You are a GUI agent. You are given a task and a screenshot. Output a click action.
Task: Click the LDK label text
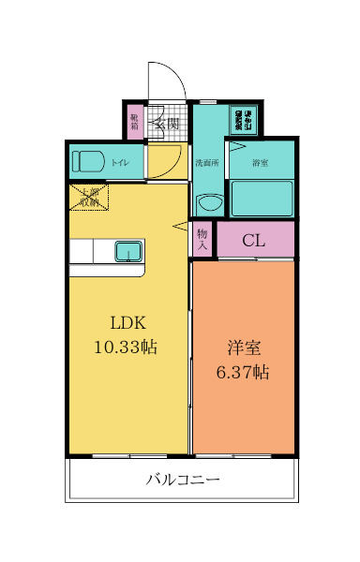tap(127, 323)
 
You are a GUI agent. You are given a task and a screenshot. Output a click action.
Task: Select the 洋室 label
tap(243, 348)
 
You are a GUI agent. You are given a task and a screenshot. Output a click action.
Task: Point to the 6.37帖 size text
tap(243, 372)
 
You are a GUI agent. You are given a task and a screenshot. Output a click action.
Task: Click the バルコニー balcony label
tap(183, 480)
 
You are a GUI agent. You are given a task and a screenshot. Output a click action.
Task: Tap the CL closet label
tap(254, 240)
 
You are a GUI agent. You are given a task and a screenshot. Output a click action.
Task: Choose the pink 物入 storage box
tap(202, 238)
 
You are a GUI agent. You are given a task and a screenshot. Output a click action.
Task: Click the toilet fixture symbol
tap(89, 161)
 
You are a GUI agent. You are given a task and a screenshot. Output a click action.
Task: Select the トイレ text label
tap(121, 163)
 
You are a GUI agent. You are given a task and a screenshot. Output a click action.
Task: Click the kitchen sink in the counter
tap(127, 251)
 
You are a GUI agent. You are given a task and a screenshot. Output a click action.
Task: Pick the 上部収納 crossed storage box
tap(89, 197)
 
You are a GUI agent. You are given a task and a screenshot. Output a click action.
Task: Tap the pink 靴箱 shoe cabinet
tap(135, 122)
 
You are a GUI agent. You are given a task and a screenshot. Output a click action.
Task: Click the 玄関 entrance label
tap(168, 122)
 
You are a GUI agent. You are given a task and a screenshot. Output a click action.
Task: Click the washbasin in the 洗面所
tap(208, 201)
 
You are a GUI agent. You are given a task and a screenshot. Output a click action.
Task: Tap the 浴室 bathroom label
tap(260, 163)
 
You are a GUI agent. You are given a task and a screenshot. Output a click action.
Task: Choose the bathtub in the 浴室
tap(262, 198)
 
